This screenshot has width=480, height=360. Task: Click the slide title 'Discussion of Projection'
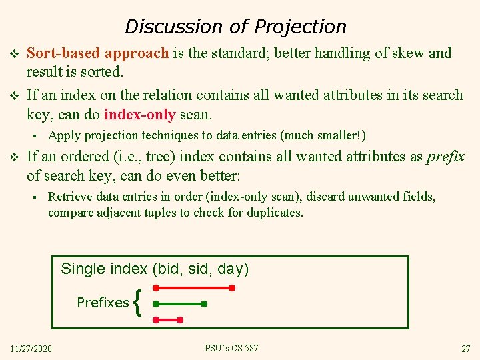235,27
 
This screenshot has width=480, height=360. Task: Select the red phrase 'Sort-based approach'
98,53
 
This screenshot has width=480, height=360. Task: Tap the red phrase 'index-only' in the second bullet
139,115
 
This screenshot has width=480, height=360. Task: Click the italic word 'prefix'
445,157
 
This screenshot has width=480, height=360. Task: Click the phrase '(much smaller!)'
323,136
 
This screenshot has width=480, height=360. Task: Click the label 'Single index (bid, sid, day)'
155,269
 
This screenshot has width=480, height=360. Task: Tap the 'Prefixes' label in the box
103,303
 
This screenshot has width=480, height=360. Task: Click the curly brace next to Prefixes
137,303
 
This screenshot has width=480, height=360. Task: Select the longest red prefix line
193,289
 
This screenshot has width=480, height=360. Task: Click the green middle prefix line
179,304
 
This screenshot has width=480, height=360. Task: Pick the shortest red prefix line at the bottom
167,320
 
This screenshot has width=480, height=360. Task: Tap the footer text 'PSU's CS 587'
231,349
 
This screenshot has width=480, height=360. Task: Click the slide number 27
465,349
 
